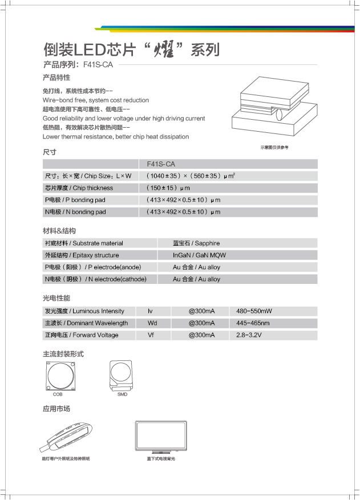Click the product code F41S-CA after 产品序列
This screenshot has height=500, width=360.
[98, 65]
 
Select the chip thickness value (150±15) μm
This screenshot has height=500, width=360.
[168, 188]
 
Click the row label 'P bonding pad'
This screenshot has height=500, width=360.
[75, 200]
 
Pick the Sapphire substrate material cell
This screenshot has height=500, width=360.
[196, 243]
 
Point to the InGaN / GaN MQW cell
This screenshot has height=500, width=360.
[199, 255]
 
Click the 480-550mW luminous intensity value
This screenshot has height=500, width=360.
[254, 311]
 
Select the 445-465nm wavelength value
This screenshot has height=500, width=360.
[253, 323]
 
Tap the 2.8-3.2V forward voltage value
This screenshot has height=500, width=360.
[249, 335]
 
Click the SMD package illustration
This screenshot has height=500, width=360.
[122, 375]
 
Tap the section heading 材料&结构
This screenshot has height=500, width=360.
[59, 231]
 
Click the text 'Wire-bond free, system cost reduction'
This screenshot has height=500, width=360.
[95, 100]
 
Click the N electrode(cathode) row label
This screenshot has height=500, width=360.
[95, 279]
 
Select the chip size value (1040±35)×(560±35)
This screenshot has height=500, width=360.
[191, 176]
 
